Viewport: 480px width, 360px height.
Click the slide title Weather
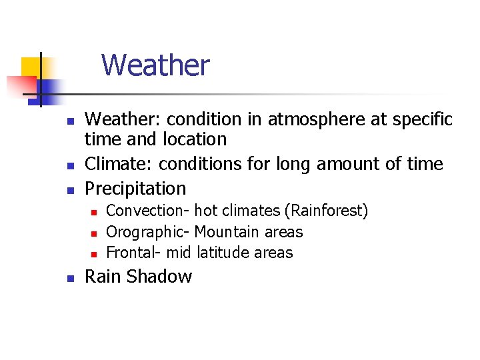[155, 65]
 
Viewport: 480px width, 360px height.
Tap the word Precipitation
[135, 189]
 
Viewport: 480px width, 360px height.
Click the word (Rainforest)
[326, 211]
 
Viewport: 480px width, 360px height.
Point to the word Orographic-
[148, 232]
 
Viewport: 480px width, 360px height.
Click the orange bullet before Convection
[94, 213]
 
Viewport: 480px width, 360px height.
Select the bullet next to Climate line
[69, 165]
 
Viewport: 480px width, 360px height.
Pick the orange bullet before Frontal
[94, 254]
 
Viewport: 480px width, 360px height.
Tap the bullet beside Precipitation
[69, 190]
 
